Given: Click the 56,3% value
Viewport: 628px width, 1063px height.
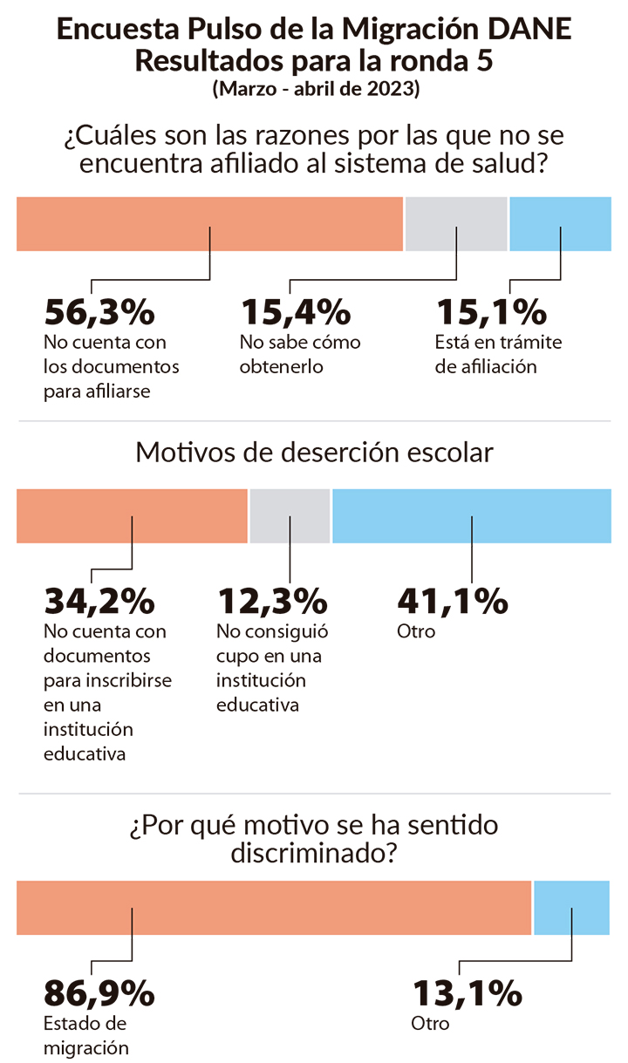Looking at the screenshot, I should [99, 311].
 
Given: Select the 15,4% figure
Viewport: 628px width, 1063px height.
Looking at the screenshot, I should [296, 311].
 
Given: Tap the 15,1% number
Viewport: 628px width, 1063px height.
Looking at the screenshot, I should [491, 311].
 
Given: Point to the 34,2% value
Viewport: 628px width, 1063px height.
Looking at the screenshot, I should [99, 601].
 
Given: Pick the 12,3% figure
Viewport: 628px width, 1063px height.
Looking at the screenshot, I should [272, 601].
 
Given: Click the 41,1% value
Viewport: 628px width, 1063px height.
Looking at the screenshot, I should [452, 601].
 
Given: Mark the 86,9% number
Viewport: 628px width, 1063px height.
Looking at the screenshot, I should [99, 992].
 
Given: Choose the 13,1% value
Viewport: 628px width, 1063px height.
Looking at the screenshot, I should [467, 992].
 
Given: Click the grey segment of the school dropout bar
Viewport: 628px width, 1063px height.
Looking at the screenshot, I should [290, 515].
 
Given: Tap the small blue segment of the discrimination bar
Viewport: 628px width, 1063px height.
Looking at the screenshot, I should [571, 907].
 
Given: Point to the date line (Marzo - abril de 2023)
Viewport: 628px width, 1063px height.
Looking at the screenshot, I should [315, 89].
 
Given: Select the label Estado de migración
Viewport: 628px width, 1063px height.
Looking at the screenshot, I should [86, 1035].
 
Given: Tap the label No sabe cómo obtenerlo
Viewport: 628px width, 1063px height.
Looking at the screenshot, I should [300, 354].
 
